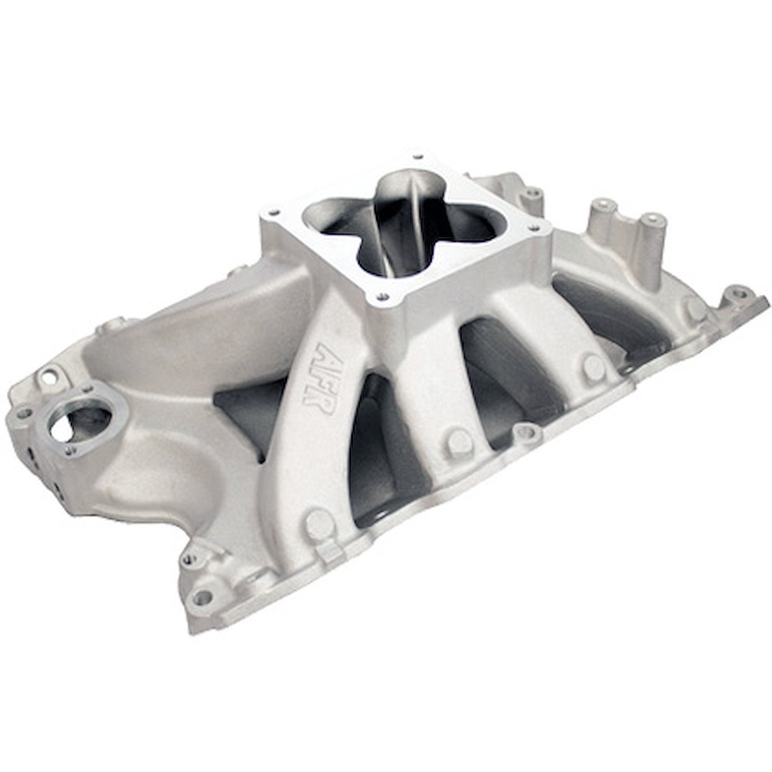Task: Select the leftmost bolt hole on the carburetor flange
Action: click(274, 213)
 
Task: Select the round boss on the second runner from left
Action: click(458, 441)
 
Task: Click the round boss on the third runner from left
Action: click(593, 366)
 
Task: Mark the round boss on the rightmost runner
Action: click(694, 308)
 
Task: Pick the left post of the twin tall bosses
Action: click(603, 207)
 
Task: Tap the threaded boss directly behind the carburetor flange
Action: click(532, 193)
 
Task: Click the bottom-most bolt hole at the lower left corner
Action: click(202, 598)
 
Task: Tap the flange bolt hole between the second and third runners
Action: click(526, 433)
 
